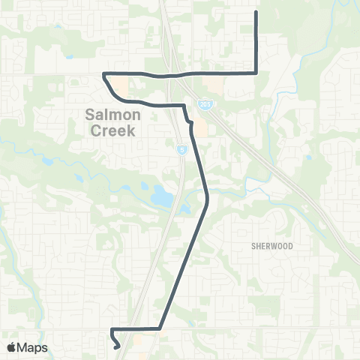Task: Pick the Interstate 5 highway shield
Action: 181,150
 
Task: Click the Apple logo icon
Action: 12,347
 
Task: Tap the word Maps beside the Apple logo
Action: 33,347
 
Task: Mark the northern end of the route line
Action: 257,12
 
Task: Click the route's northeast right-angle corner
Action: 257,73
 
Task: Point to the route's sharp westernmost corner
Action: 103,73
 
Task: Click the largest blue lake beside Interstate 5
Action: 162,196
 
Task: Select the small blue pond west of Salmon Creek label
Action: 48,160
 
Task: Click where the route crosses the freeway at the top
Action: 171,76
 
